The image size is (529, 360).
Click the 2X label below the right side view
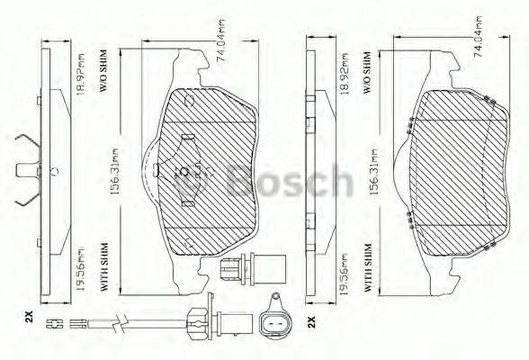click(310, 321)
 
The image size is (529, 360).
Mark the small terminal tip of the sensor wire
click(52, 325)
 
